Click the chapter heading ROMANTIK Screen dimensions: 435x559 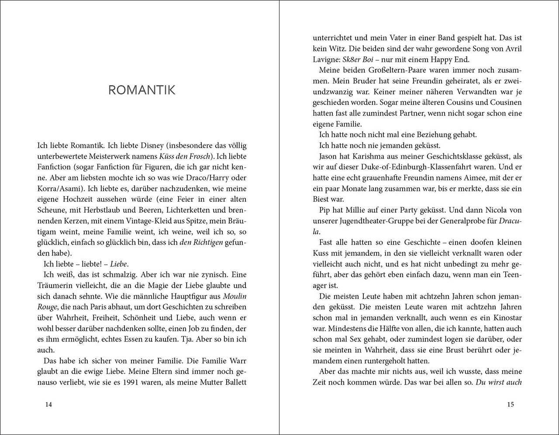142,90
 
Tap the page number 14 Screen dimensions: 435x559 48,404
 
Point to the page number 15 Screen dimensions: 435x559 511,404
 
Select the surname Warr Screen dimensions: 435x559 237,361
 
